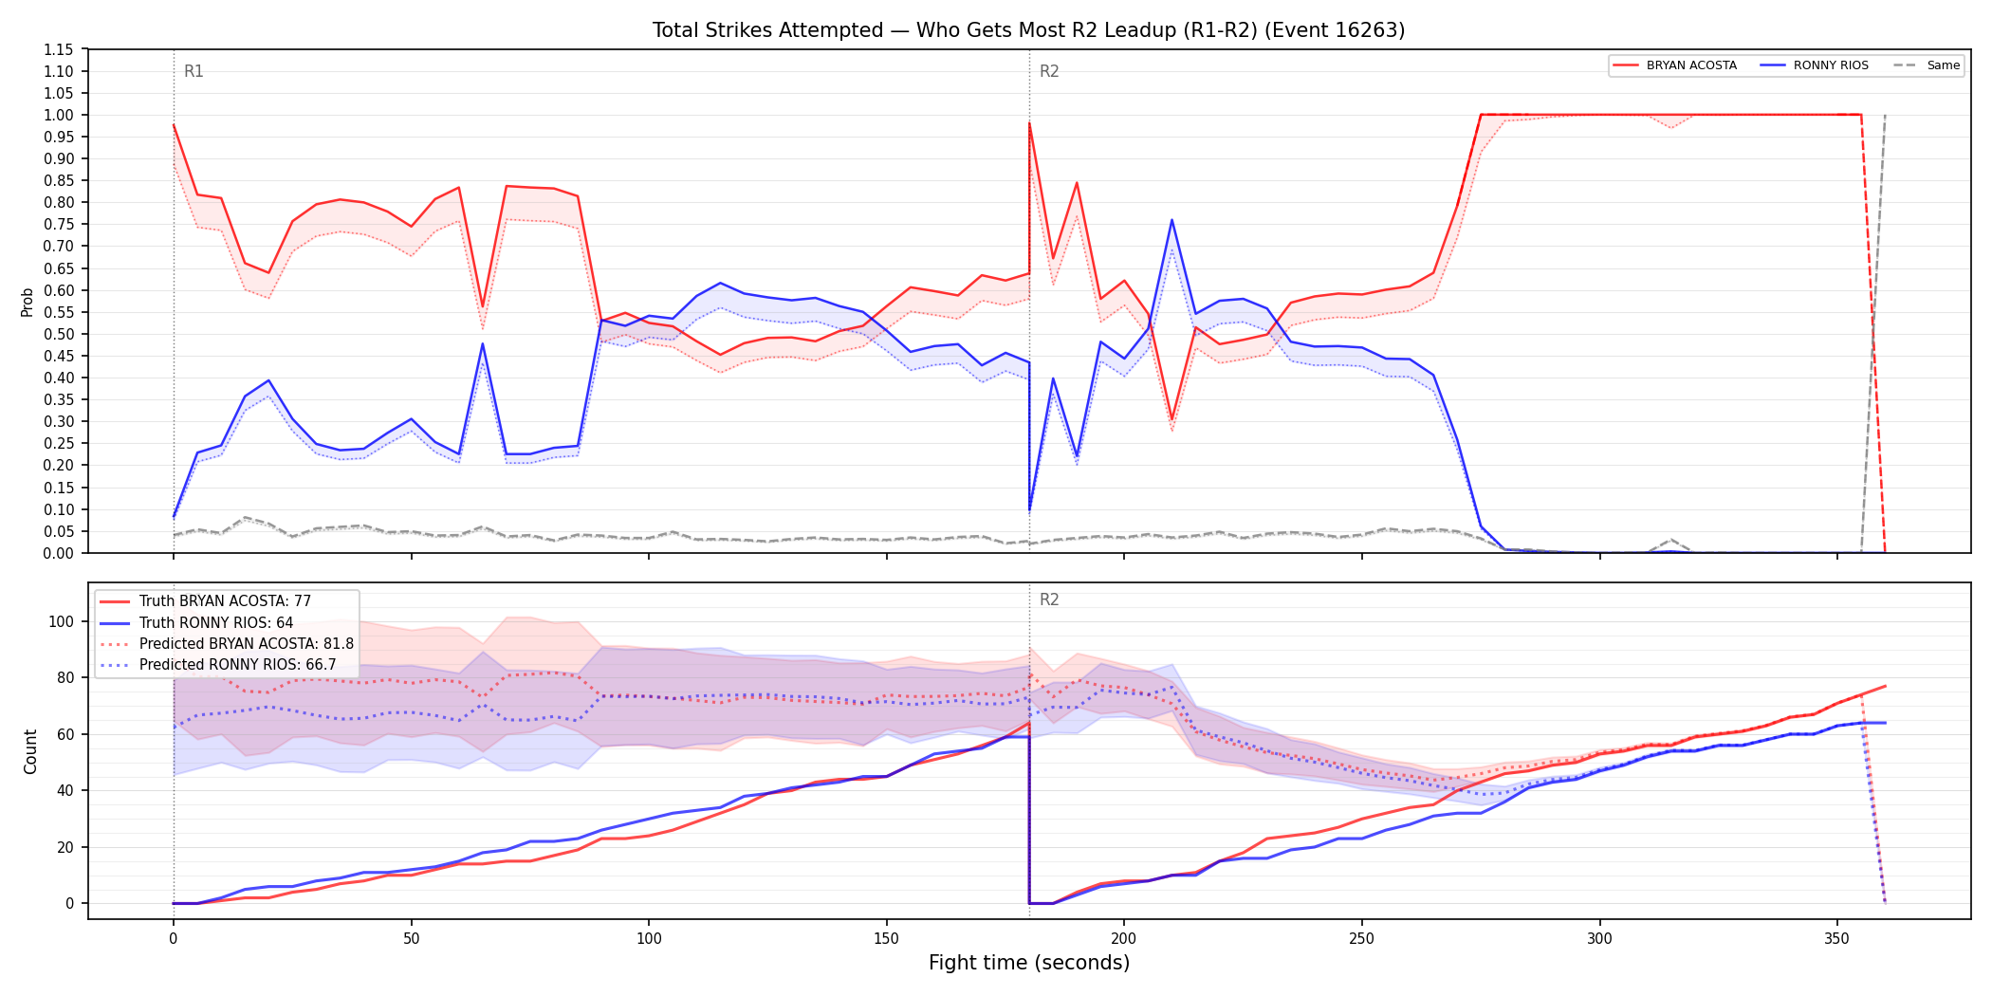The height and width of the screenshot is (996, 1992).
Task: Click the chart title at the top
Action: point(1028,30)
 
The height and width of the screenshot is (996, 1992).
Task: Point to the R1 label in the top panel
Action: point(194,71)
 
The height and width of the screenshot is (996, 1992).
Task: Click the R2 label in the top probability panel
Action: point(1049,71)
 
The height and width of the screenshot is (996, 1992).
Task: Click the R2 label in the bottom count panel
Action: point(1049,599)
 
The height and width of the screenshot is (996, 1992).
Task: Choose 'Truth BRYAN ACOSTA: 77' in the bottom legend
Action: point(225,601)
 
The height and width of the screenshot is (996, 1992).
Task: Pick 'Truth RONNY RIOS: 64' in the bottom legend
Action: point(216,623)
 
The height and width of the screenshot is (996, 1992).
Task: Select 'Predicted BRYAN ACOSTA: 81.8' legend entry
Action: point(247,644)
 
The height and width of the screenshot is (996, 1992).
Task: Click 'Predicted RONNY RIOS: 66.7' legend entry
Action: point(238,665)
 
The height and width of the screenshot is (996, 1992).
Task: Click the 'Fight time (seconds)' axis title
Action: point(1029,963)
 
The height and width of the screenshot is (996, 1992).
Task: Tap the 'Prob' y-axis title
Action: point(28,302)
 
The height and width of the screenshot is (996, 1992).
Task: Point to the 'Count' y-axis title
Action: point(30,751)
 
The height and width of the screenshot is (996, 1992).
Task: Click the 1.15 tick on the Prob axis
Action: point(59,49)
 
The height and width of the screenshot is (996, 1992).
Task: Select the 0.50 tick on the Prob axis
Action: point(59,334)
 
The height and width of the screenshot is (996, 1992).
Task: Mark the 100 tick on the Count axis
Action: point(62,622)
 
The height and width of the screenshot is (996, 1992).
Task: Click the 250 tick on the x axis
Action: point(1361,939)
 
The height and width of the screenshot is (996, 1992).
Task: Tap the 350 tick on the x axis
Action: point(1836,939)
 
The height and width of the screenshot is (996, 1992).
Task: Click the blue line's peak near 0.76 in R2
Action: point(1171,220)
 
